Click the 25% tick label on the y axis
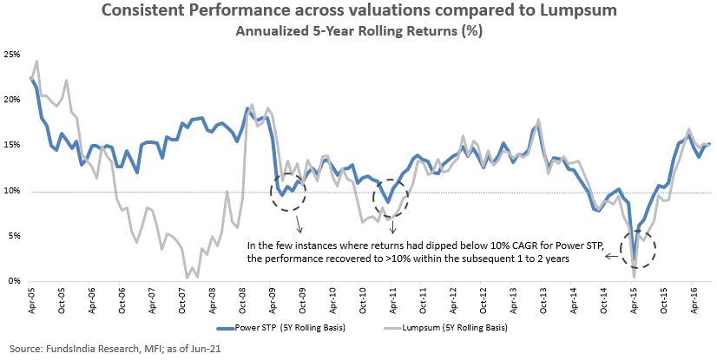tap(11, 54)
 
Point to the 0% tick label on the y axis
tap(14, 281)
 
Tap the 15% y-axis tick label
tap(11, 145)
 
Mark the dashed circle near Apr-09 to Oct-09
tap(287, 191)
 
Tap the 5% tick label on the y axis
tap(14, 236)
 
